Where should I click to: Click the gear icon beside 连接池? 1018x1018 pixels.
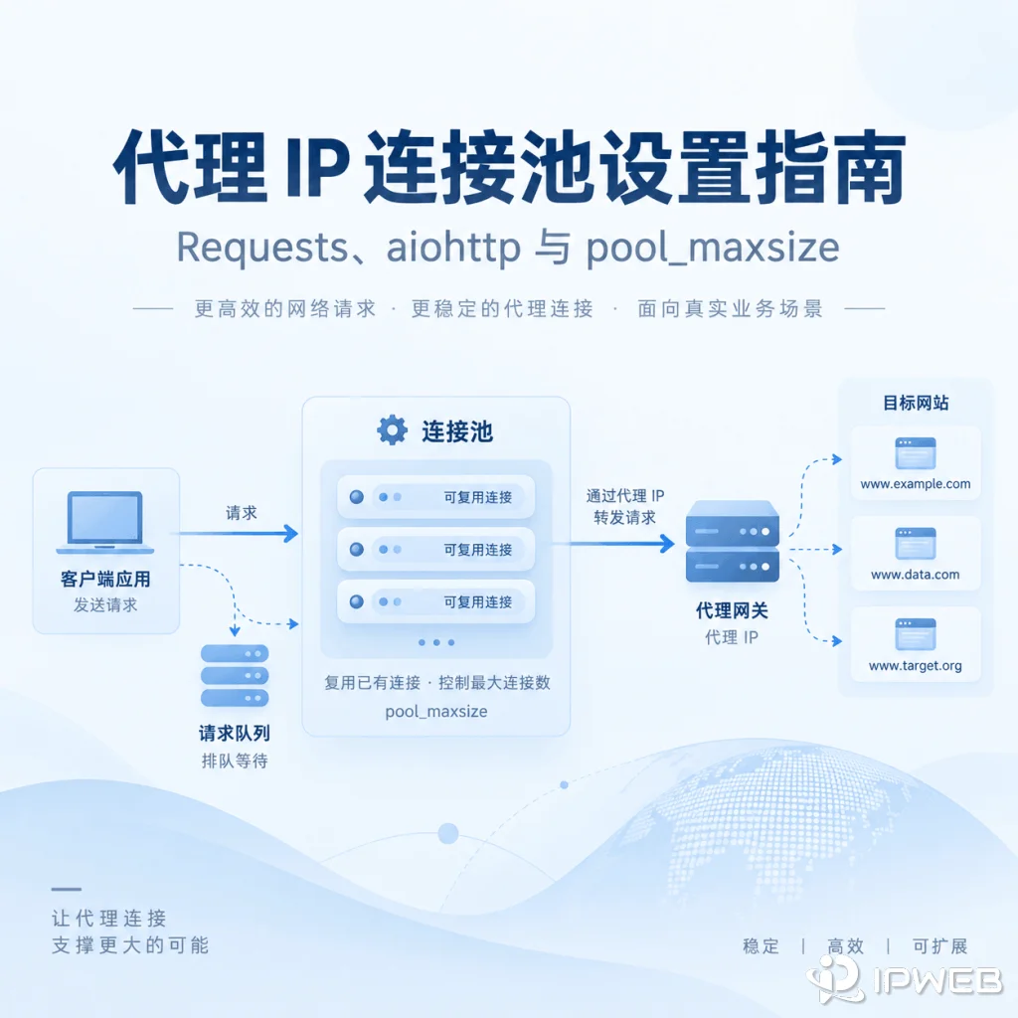[x=392, y=429]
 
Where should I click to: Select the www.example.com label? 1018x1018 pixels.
[x=916, y=484]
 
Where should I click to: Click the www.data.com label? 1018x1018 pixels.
[x=916, y=575]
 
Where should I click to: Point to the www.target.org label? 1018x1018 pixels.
[x=916, y=665]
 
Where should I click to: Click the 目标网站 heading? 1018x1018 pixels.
[x=916, y=403]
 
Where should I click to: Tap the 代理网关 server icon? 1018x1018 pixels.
[x=733, y=541]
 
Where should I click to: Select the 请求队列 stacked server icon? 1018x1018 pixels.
[x=235, y=675]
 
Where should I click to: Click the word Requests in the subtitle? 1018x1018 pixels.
[x=262, y=248]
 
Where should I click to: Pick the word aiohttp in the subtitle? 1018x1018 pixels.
[x=453, y=248]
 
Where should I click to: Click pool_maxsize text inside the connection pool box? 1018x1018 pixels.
[x=436, y=712]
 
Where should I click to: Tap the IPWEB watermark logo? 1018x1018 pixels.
[x=904, y=978]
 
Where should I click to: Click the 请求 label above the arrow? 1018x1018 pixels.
[x=242, y=513]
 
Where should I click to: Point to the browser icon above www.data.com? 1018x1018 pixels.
[x=916, y=544]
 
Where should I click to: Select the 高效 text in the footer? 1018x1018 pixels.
[x=845, y=946]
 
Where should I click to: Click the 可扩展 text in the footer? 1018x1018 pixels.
[x=940, y=946]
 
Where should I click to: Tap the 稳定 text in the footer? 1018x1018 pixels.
[x=761, y=946]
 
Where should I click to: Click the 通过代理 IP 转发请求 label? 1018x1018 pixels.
[x=625, y=506]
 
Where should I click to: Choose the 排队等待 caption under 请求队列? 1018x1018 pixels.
[x=235, y=761]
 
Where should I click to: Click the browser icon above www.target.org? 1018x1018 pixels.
[x=916, y=634]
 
